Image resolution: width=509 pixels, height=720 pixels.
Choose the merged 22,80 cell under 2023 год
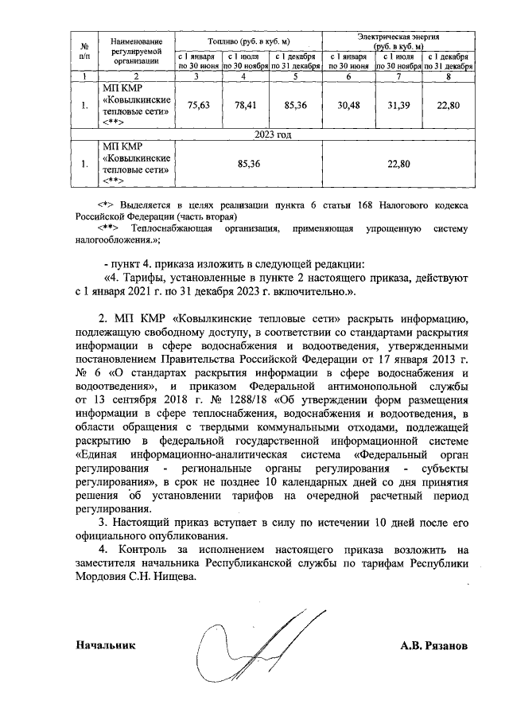398,164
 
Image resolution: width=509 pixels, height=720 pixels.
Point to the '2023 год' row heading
273,135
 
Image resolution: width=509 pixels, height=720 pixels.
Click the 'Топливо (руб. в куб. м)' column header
248,40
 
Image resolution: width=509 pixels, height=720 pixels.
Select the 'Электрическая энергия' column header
398,37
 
